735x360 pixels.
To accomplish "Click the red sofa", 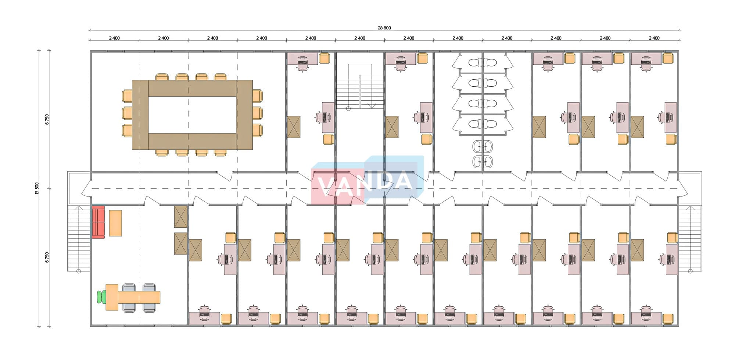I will pos(98,222).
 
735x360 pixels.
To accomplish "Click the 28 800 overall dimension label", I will pos(384,28).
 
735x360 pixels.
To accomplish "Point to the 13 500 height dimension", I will pos(37,188).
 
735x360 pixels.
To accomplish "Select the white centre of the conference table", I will pos(192,114).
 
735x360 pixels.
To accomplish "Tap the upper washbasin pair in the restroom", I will pos(483,147).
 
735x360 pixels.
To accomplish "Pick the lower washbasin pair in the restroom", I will pos(483,161).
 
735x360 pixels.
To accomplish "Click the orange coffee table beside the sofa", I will pos(115,223).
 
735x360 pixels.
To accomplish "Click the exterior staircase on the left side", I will pos(79,239).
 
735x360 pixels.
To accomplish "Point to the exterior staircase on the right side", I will pos(690,239).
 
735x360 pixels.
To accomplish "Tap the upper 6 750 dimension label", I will pos(47,119).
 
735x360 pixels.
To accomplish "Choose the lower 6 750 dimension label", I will pos(47,257).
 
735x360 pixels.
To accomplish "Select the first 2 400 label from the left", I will pos(114,38).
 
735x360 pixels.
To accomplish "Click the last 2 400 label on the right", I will pos(654,38).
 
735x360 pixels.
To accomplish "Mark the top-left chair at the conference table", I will pos(162,77).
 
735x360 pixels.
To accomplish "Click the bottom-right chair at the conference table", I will pos(220,152).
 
